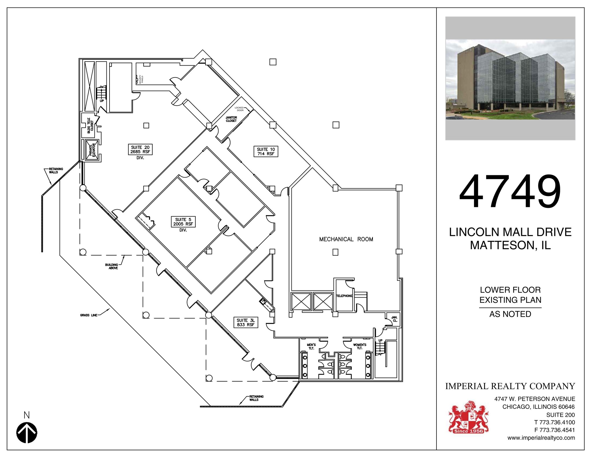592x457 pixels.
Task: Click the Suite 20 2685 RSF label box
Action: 140,150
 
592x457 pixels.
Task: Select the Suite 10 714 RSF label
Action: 266,152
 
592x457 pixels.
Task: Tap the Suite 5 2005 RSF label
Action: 183,222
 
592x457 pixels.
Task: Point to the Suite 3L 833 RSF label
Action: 245,322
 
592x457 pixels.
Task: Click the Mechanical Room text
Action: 346,239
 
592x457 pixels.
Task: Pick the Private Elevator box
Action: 92,150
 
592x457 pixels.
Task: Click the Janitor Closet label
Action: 231,119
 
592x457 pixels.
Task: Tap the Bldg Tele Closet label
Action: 90,125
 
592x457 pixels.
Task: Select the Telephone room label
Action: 344,296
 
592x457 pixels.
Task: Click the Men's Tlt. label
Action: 311,346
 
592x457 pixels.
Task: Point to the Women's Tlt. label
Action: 360,346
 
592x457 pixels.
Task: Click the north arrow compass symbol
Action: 27,433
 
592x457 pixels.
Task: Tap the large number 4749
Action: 510,191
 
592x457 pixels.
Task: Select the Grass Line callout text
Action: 89,315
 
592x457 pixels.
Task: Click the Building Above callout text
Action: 112,266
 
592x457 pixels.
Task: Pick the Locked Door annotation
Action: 239,109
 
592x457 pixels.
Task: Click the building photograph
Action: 510,79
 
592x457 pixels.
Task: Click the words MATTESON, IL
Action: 510,245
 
